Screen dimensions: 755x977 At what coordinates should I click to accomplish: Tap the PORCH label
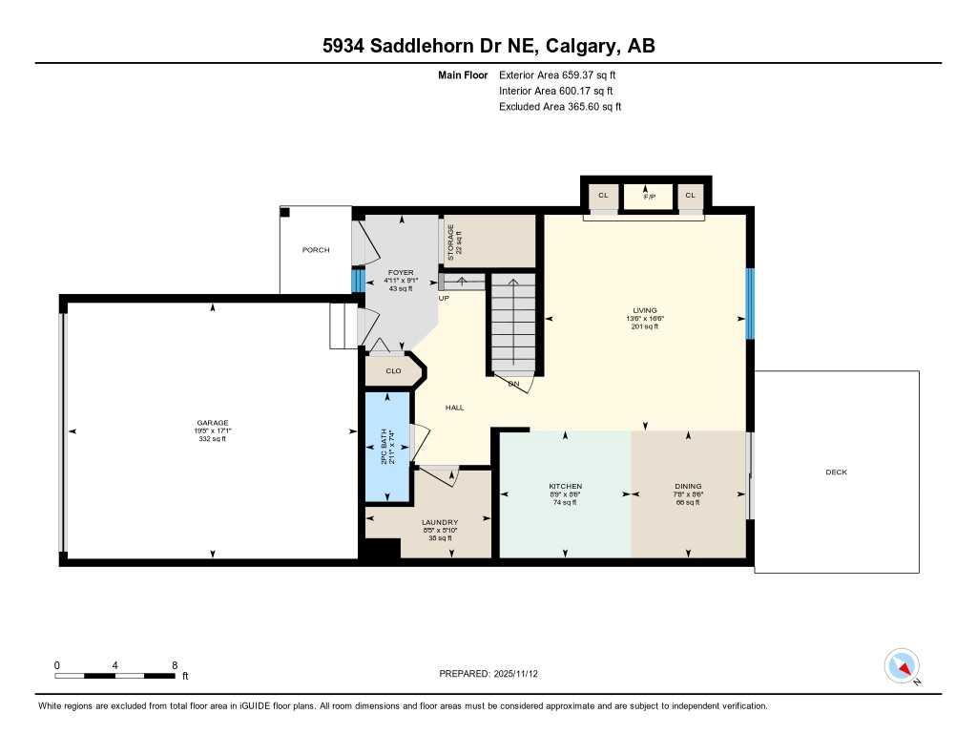(316, 250)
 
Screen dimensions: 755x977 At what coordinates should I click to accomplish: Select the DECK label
(836, 472)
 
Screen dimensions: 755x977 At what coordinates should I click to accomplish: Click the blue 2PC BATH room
(386, 447)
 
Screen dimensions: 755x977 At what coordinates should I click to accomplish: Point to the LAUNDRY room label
(440, 523)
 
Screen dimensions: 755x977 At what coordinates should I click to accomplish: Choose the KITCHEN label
(565, 487)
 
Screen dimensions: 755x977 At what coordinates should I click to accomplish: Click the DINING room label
(687, 487)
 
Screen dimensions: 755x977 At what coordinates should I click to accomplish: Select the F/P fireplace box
(648, 196)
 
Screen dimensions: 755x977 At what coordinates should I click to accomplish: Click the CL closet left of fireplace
(603, 196)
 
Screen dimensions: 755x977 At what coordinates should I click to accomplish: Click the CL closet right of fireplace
(690, 196)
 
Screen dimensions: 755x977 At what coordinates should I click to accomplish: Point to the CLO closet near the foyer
(393, 370)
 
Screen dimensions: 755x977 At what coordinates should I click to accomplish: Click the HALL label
(454, 408)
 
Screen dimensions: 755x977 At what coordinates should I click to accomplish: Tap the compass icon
(902, 665)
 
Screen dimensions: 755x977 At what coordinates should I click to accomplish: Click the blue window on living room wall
(750, 304)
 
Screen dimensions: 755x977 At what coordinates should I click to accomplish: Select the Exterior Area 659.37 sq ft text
(563, 74)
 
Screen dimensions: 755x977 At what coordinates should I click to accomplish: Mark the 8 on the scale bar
(175, 665)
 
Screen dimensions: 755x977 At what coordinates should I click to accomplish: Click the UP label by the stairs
(444, 299)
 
